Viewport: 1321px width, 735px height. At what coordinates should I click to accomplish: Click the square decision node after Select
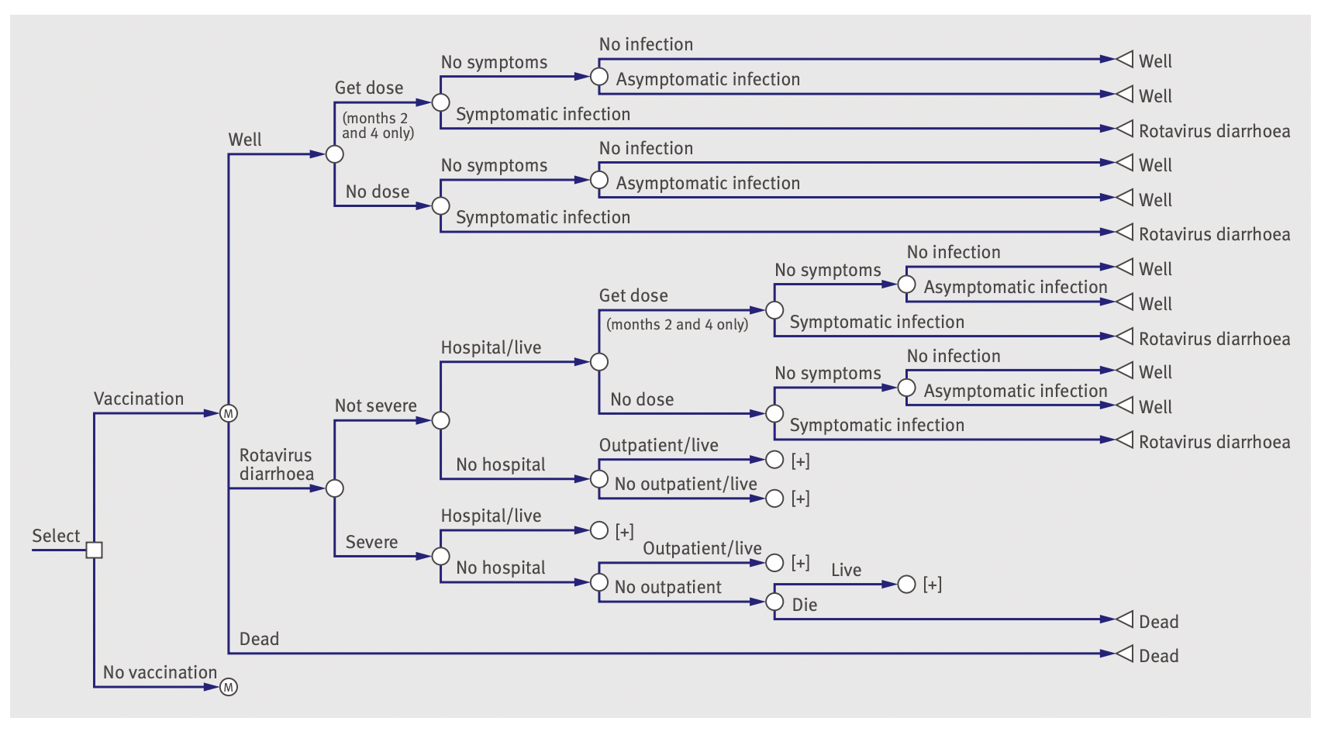click(94, 550)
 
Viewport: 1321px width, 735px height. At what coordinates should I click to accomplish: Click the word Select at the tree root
click(56, 536)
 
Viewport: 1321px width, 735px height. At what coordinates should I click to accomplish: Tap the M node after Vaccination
click(228, 413)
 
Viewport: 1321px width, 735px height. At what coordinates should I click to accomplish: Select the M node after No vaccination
click(228, 687)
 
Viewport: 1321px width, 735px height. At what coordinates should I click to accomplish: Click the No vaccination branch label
click(160, 672)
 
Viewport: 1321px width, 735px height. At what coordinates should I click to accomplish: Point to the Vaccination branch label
click(139, 399)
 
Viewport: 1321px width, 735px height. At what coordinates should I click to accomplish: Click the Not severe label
click(375, 405)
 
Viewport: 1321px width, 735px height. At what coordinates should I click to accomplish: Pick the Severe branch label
click(371, 542)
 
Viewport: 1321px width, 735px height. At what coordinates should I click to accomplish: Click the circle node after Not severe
click(440, 420)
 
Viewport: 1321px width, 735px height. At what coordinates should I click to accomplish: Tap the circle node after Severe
click(440, 556)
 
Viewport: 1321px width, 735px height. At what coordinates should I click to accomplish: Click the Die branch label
click(804, 605)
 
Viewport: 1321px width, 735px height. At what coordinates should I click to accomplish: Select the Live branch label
click(846, 570)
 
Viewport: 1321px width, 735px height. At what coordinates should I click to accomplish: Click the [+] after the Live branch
click(933, 585)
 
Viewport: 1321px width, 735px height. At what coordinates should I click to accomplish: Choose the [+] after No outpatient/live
click(800, 499)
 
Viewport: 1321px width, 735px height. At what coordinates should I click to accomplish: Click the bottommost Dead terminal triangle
click(1124, 654)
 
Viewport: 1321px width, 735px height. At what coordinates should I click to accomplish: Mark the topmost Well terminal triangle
click(1124, 59)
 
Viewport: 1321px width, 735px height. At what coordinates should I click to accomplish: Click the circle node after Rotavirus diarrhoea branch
click(334, 488)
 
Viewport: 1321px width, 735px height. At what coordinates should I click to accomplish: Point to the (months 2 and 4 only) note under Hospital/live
click(677, 324)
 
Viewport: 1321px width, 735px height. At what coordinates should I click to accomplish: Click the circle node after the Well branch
click(334, 154)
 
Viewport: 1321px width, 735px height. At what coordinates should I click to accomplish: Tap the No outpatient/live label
click(685, 484)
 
